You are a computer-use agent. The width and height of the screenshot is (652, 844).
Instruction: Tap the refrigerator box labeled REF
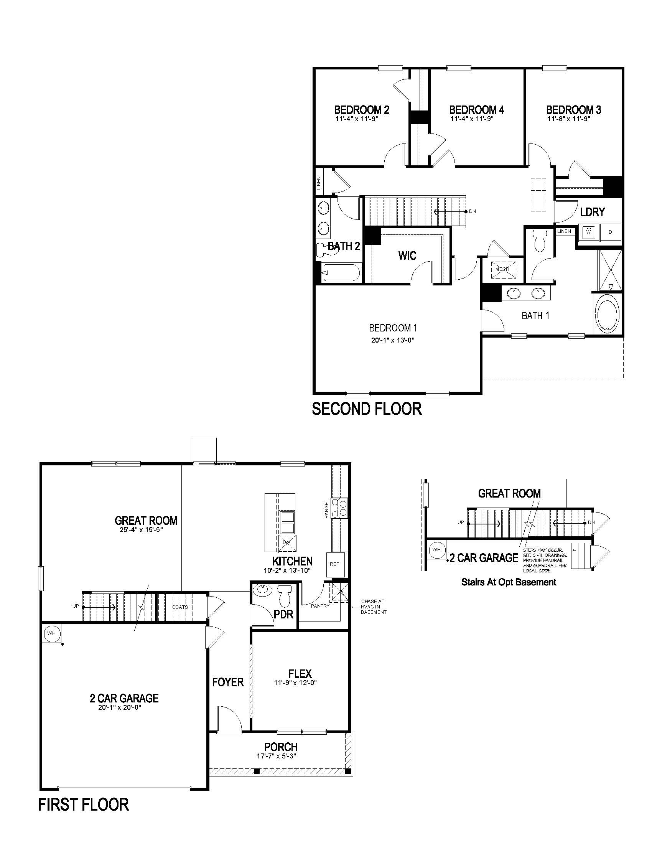pos(334,564)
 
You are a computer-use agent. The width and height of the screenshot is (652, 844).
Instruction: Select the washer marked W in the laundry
pos(588,232)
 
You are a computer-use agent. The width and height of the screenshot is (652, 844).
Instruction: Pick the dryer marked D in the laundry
pos(610,232)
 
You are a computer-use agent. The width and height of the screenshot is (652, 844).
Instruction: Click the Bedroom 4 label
pos(476,110)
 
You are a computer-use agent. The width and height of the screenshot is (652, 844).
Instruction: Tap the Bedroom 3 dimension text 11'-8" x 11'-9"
pos(568,119)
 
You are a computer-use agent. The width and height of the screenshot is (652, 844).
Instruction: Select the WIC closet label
pos(407,256)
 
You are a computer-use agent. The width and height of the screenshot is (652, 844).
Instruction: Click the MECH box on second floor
pos(502,269)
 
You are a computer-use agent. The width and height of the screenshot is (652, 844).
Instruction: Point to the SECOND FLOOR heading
pos(367,409)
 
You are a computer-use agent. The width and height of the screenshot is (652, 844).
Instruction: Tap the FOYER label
pos(228,682)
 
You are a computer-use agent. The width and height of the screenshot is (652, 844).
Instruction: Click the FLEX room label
pos(300,674)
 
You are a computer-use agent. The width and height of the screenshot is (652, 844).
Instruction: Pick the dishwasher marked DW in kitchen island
pos(286,543)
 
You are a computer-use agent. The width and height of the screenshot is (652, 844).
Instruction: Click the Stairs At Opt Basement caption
pos(509,582)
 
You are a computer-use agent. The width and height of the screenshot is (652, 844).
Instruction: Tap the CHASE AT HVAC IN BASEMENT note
pos(374,607)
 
